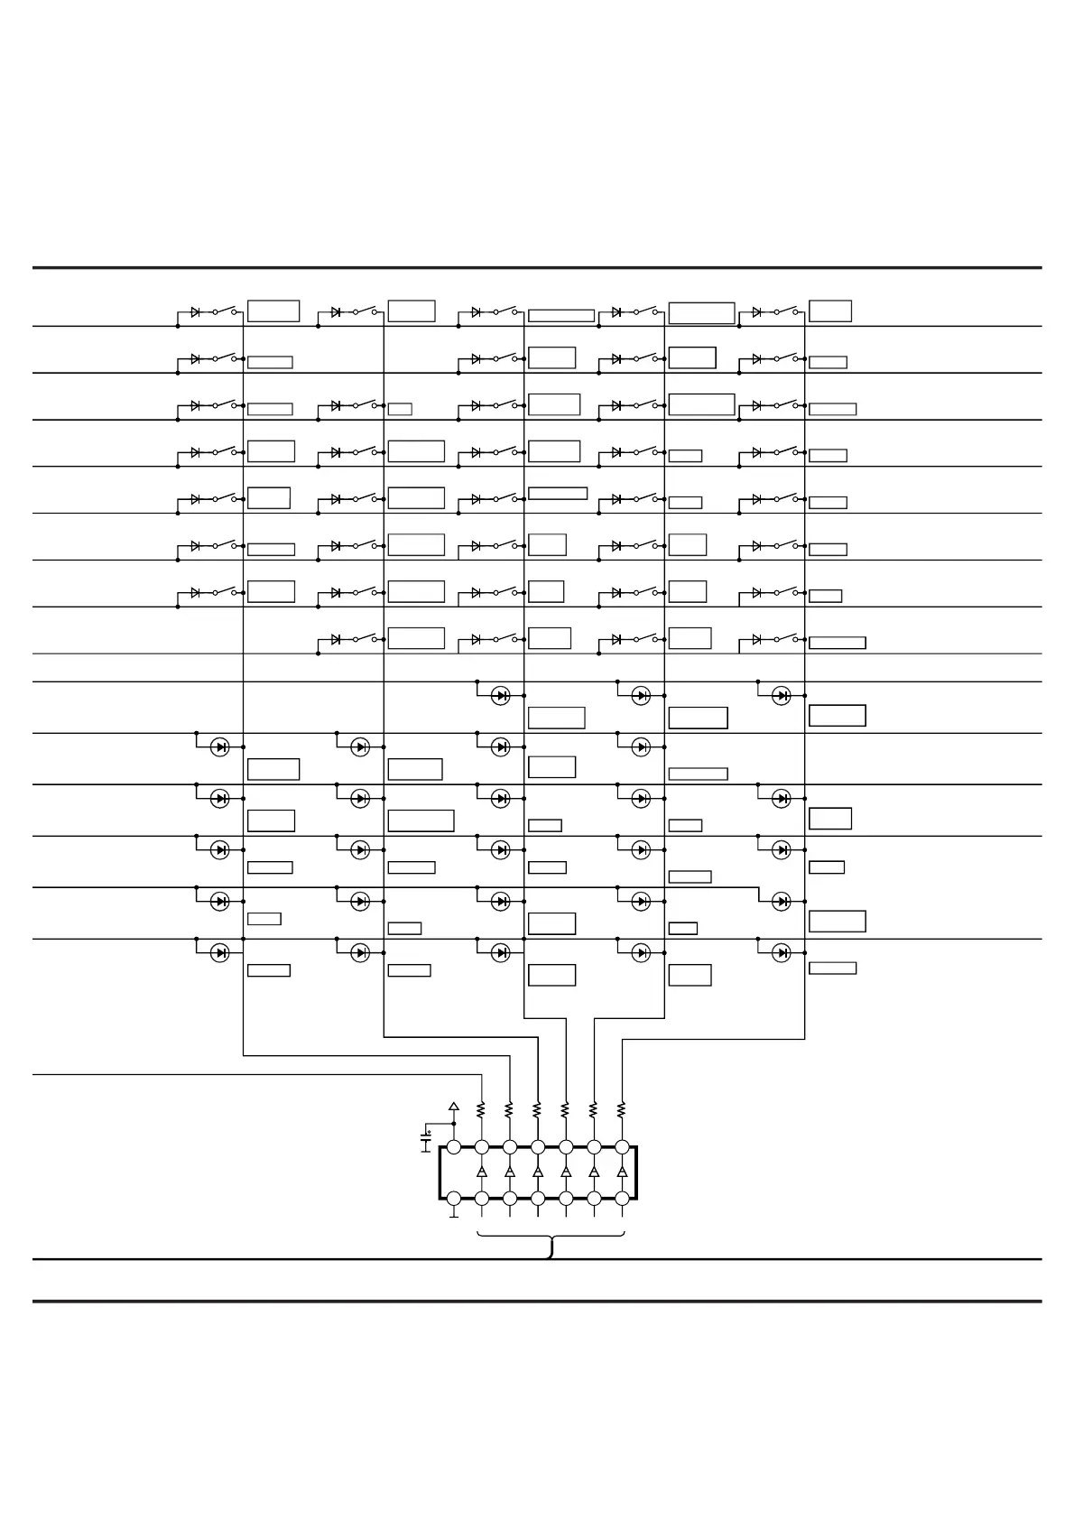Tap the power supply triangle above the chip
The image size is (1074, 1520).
pos(454,1106)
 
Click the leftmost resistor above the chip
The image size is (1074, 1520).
pos(482,1108)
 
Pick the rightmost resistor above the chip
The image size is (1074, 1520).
pos(622,1108)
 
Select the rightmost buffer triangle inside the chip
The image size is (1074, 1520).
pos(622,1172)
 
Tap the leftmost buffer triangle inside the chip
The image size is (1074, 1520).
pos(482,1172)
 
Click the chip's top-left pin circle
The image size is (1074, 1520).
pos(454,1147)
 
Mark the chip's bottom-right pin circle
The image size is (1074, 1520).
pos(622,1199)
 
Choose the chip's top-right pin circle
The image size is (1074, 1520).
pos(622,1147)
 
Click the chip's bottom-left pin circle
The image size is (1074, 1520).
pos(454,1199)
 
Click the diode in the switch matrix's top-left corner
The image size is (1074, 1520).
pos(196,312)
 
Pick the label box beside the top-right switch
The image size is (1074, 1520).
pos(830,311)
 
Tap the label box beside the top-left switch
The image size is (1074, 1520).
pos(273,311)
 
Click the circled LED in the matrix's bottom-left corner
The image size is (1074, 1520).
pos(219,952)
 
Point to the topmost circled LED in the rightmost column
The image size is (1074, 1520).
pos(782,696)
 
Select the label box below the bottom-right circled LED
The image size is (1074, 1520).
pos(833,969)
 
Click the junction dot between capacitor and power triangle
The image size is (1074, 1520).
pos(454,1124)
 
